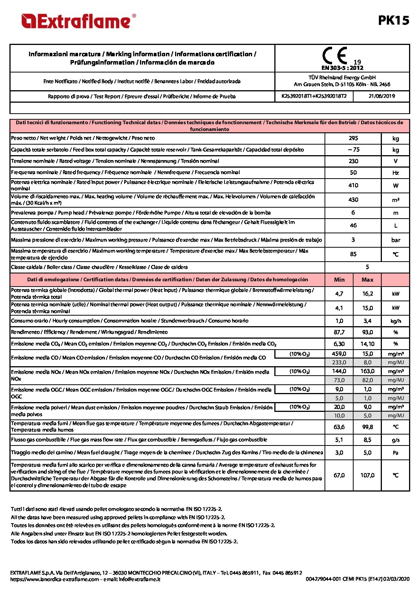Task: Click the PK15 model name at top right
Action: (394, 20)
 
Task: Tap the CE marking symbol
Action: (335, 56)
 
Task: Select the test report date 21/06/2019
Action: (382, 96)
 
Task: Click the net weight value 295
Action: (353, 138)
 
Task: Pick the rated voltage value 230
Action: (353, 161)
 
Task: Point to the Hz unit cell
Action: (395, 173)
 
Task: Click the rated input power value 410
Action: (353, 185)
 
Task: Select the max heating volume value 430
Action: (353, 200)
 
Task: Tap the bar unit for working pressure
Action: (395, 240)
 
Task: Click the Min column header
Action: (339, 280)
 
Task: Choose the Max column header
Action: (367, 280)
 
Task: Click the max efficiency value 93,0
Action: (367, 332)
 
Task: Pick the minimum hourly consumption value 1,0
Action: (339, 321)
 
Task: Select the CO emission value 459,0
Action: (339, 354)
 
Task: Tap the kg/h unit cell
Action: (395, 321)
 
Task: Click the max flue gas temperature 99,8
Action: (367, 427)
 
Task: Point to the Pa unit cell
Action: (395, 453)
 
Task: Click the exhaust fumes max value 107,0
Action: (367, 475)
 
